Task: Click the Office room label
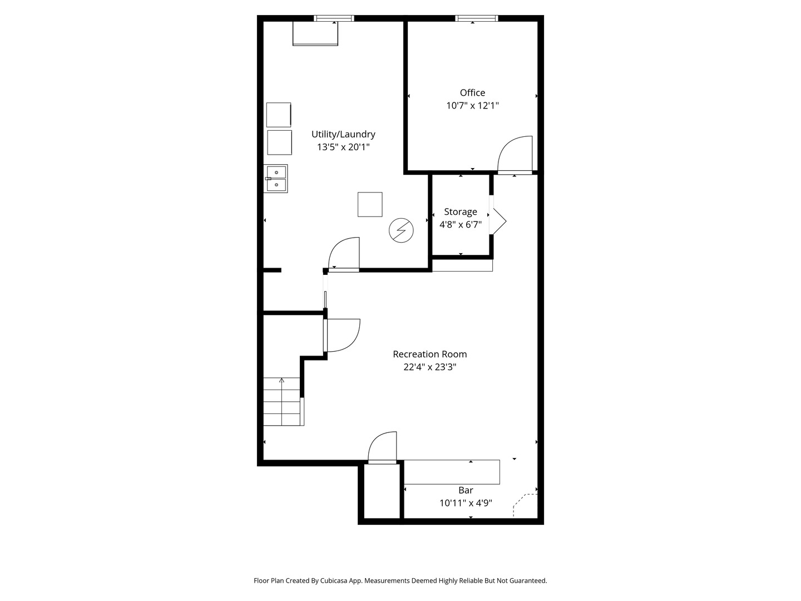click(x=472, y=93)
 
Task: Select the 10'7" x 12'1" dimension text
click(x=472, y=106)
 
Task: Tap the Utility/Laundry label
click(x=343, y=134)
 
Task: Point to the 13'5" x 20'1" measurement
click(x=343, y=147)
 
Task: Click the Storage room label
click(x=461, y=212)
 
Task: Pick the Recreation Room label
click(x=429, y=354)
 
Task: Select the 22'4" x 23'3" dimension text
click(x=429, y=367)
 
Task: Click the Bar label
click(x=466, y=490)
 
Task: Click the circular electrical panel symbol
click(x=401, y=230)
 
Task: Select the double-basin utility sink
click(x=276, y=179)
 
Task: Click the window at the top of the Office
click(x=476, y=18)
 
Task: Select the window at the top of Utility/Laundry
click(x=334, y=18)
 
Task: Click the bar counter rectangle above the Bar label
click(x=452, y=472)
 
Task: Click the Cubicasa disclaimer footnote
click(x=400, y=580)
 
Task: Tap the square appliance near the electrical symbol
click(x=370, y=204)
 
